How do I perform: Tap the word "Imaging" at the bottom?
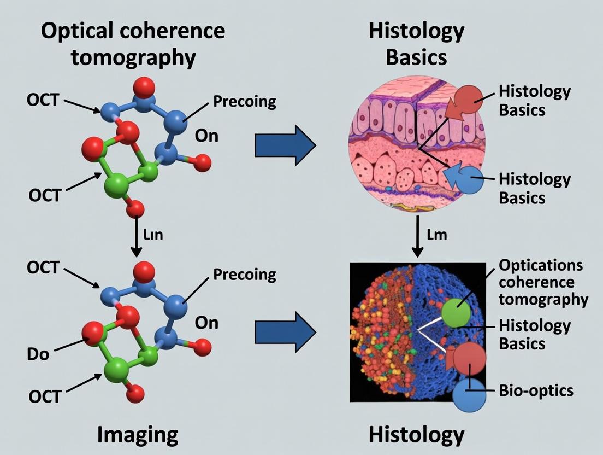point(138,435)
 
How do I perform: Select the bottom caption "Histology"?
point(416,435)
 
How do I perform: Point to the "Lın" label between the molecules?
point(153,235)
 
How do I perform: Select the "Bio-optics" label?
point(536,390)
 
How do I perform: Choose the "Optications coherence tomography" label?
point(541,282)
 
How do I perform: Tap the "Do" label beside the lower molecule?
point(38,354)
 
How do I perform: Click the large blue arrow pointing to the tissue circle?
point(285,145)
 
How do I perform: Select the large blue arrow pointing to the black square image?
point(285,331)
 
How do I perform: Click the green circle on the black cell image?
point(456,313)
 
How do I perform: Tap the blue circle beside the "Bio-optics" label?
point(469,396)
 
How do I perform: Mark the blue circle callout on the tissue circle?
point(469,180)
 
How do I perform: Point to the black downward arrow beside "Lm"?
point(418,236)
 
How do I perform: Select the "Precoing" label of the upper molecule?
point(244,101)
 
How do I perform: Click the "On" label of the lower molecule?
point(206,323)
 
